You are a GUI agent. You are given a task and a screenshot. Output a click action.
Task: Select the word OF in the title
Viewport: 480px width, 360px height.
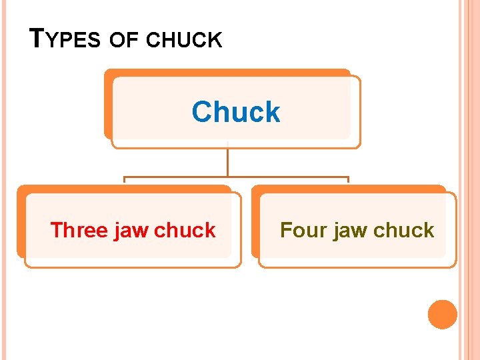point(123,41)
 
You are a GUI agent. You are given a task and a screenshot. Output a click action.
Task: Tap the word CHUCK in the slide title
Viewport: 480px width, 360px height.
point(184,41)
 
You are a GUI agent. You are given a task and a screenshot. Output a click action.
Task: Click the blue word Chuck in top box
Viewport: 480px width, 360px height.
point(236,112)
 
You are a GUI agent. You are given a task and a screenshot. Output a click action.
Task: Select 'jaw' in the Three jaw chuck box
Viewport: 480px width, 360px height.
point(131,231)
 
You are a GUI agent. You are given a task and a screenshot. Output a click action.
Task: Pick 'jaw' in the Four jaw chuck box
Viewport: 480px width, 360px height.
point(350,231)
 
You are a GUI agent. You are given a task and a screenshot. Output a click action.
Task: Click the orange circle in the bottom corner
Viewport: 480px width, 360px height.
point(443,315)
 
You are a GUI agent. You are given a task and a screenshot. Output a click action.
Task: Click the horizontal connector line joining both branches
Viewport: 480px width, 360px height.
point(236,178)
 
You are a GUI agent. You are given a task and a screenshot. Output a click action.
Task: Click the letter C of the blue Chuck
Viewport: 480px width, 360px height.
point(202,112)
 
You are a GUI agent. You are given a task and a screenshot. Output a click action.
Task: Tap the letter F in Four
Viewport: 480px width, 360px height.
point(286,230)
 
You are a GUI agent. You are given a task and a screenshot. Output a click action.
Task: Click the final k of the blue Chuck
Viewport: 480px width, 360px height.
point(274,112)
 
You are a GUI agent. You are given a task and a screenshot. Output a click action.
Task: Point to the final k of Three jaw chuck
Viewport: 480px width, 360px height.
point(209,230)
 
